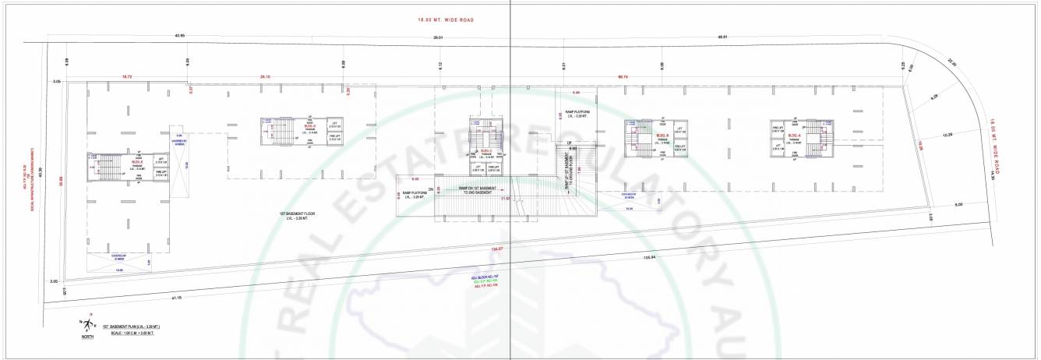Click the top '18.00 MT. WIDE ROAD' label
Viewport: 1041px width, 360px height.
point(446,19)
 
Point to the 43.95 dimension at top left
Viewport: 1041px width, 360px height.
point(180,35)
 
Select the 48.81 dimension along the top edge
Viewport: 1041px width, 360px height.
point(722,37)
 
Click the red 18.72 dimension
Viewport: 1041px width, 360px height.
point(127,77)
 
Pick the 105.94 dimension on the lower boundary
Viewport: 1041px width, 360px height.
point(650,258)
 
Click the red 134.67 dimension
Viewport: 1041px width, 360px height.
point(496,249)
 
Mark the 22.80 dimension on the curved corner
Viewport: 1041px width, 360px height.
point(951,64)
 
